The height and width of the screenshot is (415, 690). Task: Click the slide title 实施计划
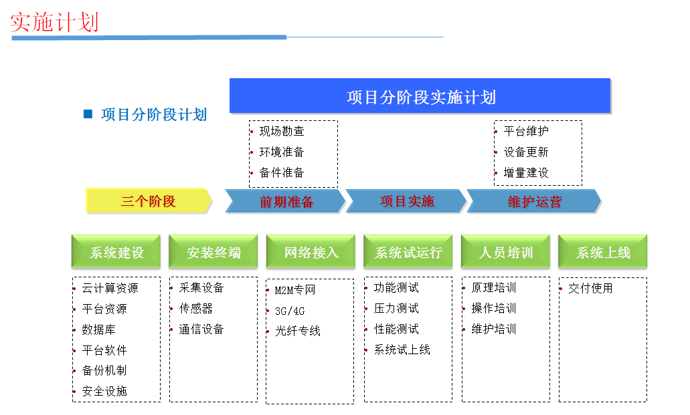tap(54, 22)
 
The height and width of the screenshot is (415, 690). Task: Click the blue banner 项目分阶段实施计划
tap(420, 96)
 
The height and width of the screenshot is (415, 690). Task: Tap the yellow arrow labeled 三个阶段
tap(149, 201)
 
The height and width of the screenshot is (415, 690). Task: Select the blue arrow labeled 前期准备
tap(285, 201)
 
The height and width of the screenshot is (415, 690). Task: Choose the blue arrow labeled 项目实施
tap(406, 201)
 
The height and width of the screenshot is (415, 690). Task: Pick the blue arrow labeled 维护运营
tap(534, 201)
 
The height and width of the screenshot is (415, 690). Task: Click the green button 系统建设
tap(116, 251)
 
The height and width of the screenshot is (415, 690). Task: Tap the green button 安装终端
tap(213, 251)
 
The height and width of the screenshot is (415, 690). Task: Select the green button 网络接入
tap(311, 251)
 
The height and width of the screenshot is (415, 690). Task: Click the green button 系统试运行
tap(408, 251)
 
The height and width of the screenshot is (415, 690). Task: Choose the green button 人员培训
tap(505, 251)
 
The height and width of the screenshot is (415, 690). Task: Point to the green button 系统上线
tap(603, 251)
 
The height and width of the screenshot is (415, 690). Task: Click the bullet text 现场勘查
tap(282, 131)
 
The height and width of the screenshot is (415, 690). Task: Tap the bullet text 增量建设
tap(526, 173)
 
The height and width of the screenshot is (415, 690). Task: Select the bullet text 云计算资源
tap(110, 288)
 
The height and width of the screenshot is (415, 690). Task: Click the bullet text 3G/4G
tap(290, 311)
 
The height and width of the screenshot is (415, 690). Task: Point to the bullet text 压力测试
tap(396, 308)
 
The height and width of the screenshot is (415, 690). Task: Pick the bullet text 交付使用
tap(590, 288)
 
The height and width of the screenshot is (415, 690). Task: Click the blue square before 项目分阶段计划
tap(88, 114)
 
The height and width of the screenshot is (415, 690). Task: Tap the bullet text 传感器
tap(196, 308)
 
